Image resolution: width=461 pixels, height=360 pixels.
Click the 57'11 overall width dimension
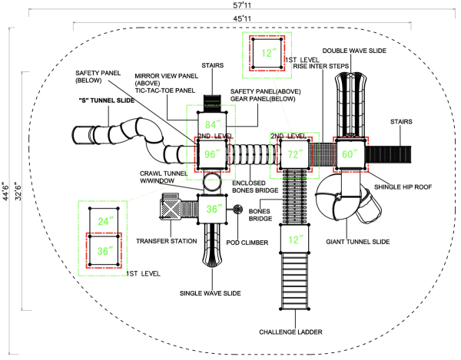(x=242, y=5)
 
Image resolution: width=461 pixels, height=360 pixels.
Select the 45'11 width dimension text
(x=242, y=18)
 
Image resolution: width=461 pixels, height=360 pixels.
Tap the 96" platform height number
(x=212, y=154)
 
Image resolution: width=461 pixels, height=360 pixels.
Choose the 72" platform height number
(x=295, y=154)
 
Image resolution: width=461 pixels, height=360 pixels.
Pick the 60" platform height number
(x=350, y=154)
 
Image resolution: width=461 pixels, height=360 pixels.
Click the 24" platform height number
(x=105, y=221)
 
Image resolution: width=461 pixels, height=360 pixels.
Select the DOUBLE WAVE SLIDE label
(x=354, y=51)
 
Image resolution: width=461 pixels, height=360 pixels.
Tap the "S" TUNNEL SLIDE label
(x=107, y=101)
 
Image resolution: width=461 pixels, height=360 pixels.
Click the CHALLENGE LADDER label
(x=290, y=332)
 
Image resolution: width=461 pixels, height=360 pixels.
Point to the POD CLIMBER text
(x=247, y=243)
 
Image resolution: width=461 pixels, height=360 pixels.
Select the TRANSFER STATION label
(x=167, y=241)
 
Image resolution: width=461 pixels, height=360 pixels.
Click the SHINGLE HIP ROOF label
(x=403, y=187)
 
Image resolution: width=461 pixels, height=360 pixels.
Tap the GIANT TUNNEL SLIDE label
(x=358, y=242)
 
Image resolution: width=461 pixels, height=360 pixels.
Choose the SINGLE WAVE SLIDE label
(x=211, y=293)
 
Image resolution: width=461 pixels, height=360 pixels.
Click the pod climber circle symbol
(x=237, y=210)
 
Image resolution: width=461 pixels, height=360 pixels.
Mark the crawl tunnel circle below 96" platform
(x=212, y=183)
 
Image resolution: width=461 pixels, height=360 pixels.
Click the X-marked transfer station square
(x=171, y=209)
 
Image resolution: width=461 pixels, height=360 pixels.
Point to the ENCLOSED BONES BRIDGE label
(x=255, y=187)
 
